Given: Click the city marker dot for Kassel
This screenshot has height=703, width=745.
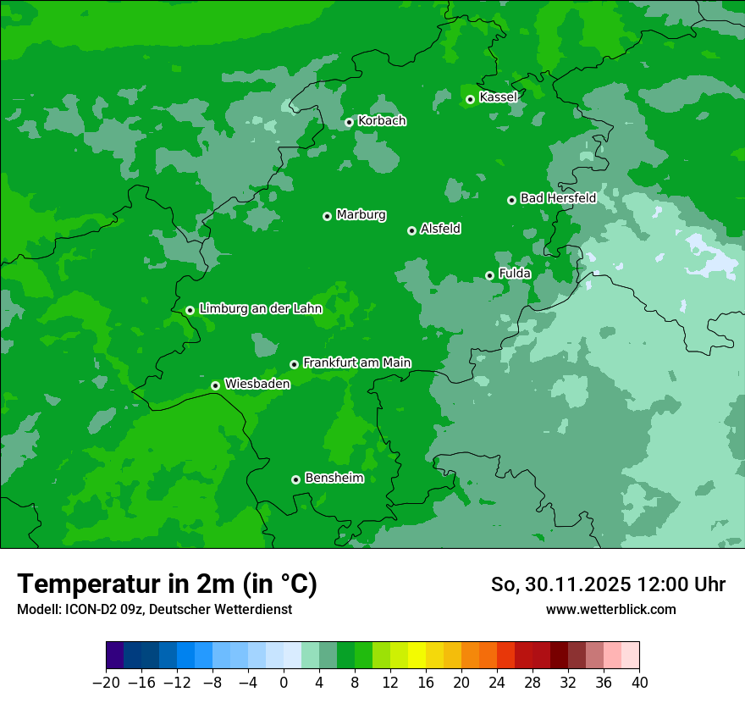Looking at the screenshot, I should click(x=470, y=99).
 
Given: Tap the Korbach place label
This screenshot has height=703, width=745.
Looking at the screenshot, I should click(x=382, y=121).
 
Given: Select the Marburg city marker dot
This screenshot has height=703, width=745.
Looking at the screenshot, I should click(x=327, y=216).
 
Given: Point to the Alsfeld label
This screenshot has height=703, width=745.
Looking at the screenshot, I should click(x=440, y=229).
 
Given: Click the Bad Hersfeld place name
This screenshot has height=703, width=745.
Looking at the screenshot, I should click(x=558, y=198).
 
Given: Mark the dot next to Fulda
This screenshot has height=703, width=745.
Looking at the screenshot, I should click(x=489, y=275).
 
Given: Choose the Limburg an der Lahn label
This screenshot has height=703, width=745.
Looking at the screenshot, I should click(x=260, y=309).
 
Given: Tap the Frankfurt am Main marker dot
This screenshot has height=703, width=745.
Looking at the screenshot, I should click(x=294, y=364).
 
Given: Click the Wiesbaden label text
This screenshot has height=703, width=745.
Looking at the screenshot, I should click(x=257, y=384).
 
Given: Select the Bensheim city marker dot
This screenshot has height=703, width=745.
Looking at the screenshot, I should click(x=295, y=479).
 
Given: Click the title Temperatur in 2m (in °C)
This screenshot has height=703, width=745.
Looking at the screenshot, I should click(x=167, y=584).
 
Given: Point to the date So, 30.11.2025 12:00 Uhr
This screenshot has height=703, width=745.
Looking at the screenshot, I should click(x=608, y=584).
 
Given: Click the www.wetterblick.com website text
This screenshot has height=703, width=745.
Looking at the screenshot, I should click(x=610, y=609).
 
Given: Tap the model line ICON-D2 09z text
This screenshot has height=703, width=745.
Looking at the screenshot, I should click(x=154, y=609).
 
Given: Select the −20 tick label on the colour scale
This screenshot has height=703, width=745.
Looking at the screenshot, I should click(x=106, y=683).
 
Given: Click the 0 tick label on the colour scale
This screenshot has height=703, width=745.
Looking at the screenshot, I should click(x=284, y=683).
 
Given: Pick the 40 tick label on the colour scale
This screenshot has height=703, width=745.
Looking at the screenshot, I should click(x=639, y=683).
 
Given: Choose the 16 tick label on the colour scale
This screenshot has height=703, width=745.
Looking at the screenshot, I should click(x=426, y=683).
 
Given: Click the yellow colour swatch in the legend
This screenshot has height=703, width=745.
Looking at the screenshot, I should click(x=417, y=656).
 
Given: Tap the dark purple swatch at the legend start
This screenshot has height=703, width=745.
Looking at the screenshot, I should click(x=115, y=656).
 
